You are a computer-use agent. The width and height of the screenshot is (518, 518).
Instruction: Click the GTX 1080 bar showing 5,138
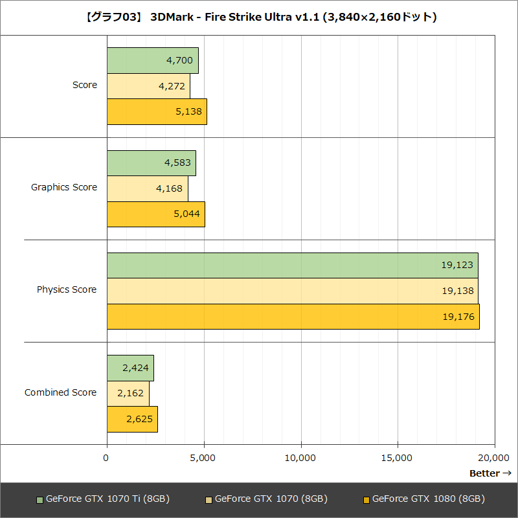point(157,111)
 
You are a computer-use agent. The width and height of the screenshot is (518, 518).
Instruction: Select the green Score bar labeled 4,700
point(152,60)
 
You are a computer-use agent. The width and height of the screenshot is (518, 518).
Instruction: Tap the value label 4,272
point(171,85)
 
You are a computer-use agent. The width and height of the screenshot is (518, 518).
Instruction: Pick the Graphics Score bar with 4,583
point(151,163)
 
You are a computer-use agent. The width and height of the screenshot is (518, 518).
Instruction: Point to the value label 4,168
point(169,188)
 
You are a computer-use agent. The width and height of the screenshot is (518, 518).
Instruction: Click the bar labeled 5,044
point(155,214)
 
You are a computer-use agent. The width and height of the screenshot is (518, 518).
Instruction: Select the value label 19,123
point(457,265)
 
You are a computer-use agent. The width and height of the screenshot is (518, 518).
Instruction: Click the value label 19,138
point(457,291)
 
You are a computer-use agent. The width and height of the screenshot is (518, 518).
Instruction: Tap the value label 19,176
point(458,317)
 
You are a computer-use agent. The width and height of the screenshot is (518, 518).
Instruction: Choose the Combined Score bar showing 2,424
point(130,368)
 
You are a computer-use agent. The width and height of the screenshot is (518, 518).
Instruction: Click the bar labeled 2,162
point(128,393)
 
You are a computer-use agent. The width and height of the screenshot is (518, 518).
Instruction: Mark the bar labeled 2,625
point(132,419)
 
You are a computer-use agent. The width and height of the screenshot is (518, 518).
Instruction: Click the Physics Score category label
point(67,289)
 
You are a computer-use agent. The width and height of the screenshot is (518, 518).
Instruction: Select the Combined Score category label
point(61,392)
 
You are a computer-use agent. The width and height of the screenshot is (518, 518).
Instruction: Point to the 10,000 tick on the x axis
point(300,458)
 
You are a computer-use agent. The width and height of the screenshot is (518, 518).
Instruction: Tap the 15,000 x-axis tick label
point(398,458)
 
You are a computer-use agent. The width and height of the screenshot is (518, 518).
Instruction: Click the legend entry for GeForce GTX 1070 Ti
point(104,499)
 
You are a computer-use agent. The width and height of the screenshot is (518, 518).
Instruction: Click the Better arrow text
point(490,473)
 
